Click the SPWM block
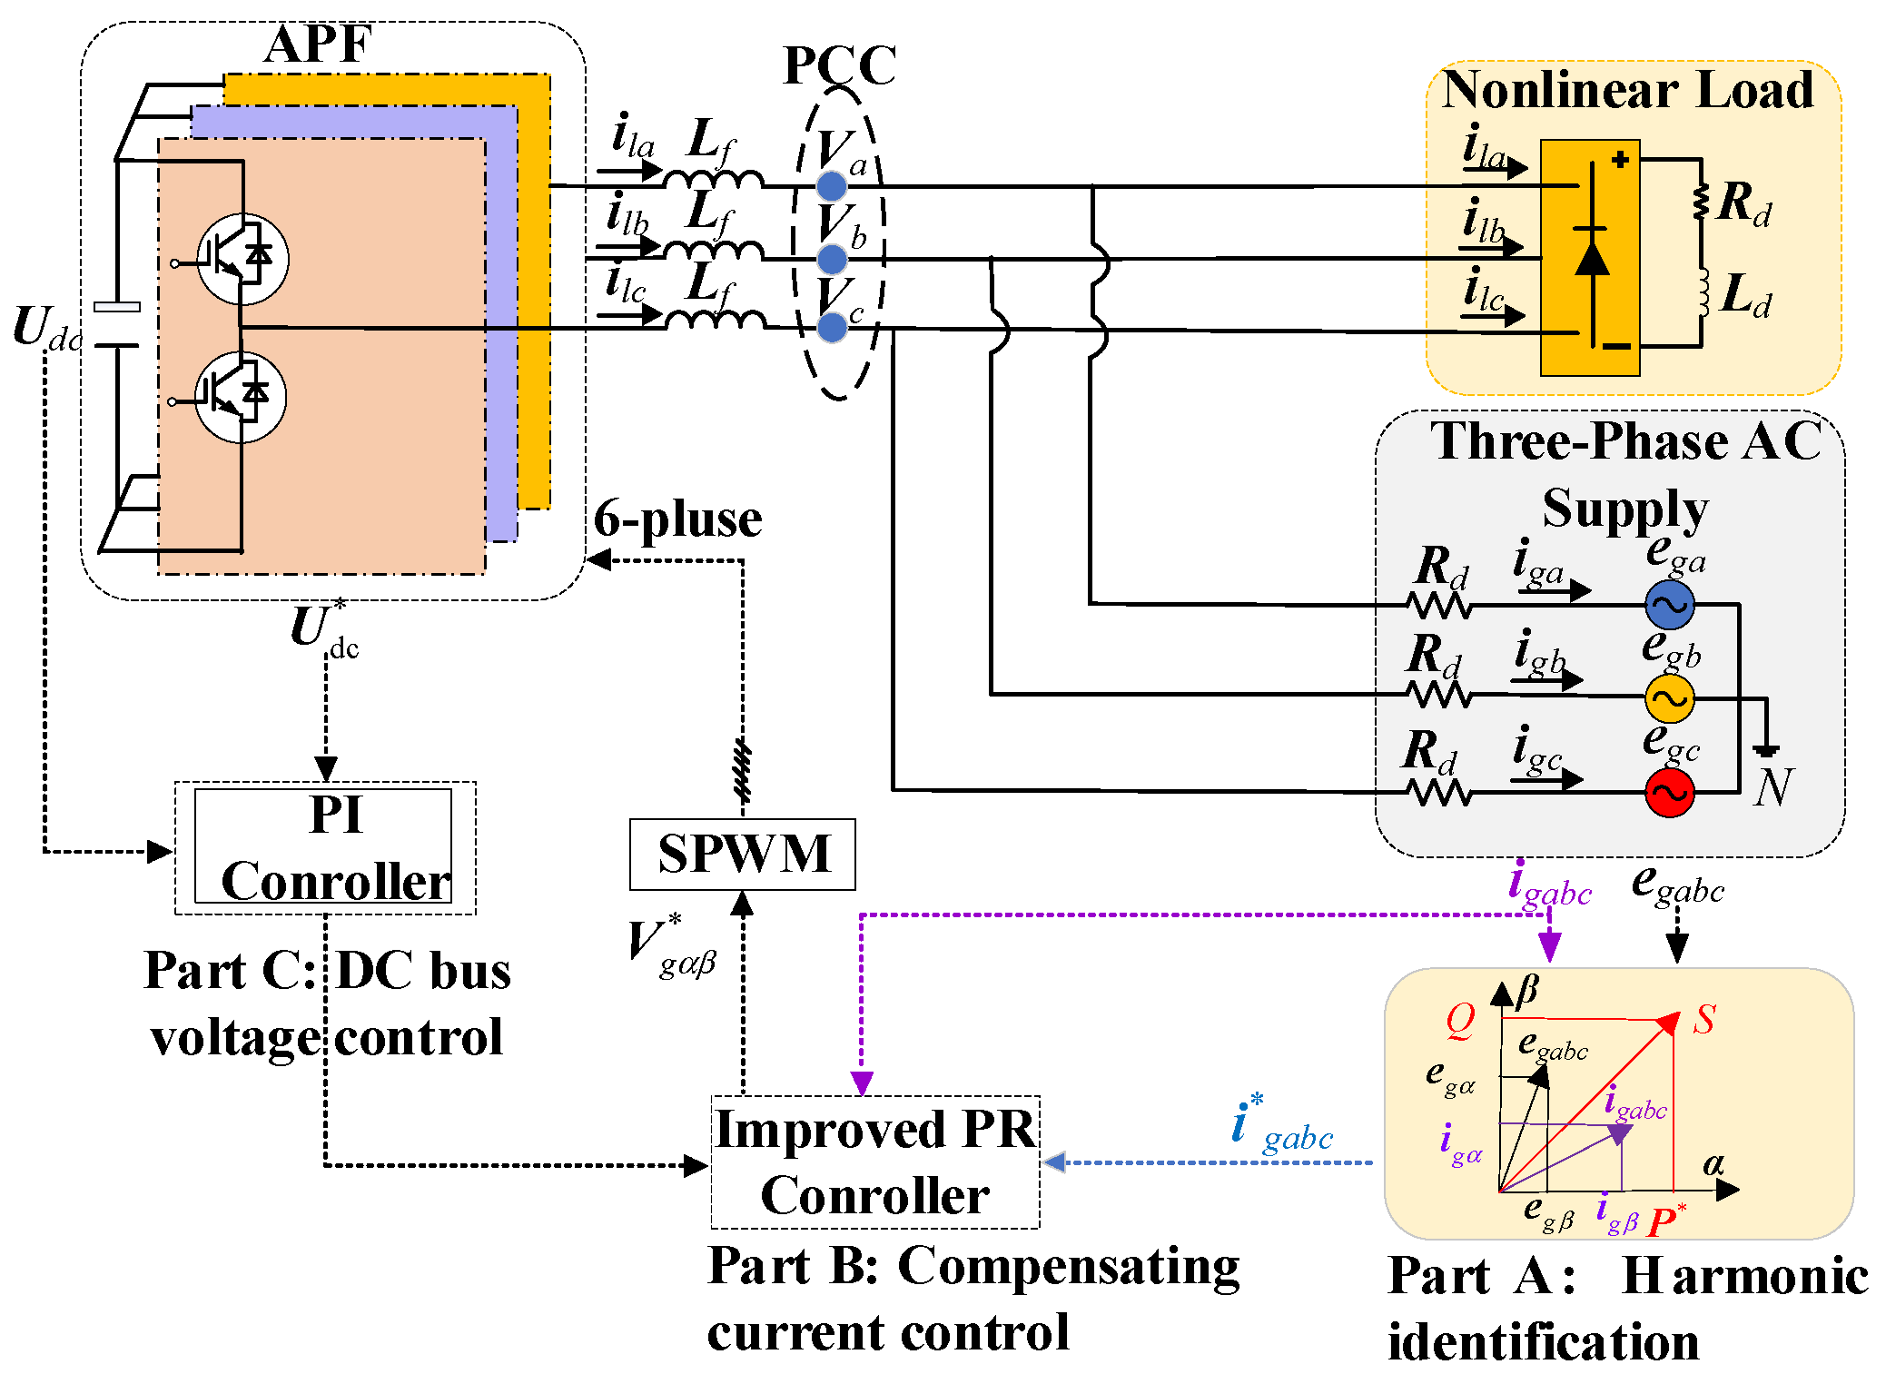pyautogui.click(x=742, y=854)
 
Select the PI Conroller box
pyautogui.click(x=324, y=847)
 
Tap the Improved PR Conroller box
pyautogui.click(x=874, y=1162)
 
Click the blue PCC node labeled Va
pyautogui.click(x=831, y=186)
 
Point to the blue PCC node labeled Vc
pyautogui.click(x=832, y=327)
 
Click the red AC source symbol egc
pyautogui.click(x=1669, y=793)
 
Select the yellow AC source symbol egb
pyautogui.click(x=1669, y=697)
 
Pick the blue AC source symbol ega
pyautogui.click(x=1669, y=604)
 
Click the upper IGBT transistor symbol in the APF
pyautogui.click(x=242, y=259)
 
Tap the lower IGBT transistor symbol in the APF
pyautogui.click(x=241, y=397)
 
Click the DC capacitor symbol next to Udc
pyautogui.click(x=117, y=325)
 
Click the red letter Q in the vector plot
pyautogui.click(x=1460, y=1020)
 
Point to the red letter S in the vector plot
pyautogui.click(x=1703, y=1020)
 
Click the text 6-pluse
pyautogui.click(x=677, y=519)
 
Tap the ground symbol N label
pyautogui.click(x=1772, y=786)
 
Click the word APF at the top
pyautogui.click(x=318, y=44)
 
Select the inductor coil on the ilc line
pyautogui.click(x=715, y=319)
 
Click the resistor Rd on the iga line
pyautogui.click(x=1439, y=604)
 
